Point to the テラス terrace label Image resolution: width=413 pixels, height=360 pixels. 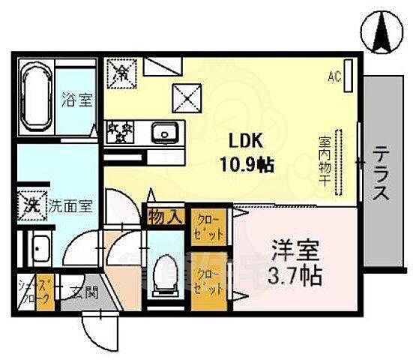coord(382,173)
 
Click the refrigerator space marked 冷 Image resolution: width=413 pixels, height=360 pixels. coord(121,72)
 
